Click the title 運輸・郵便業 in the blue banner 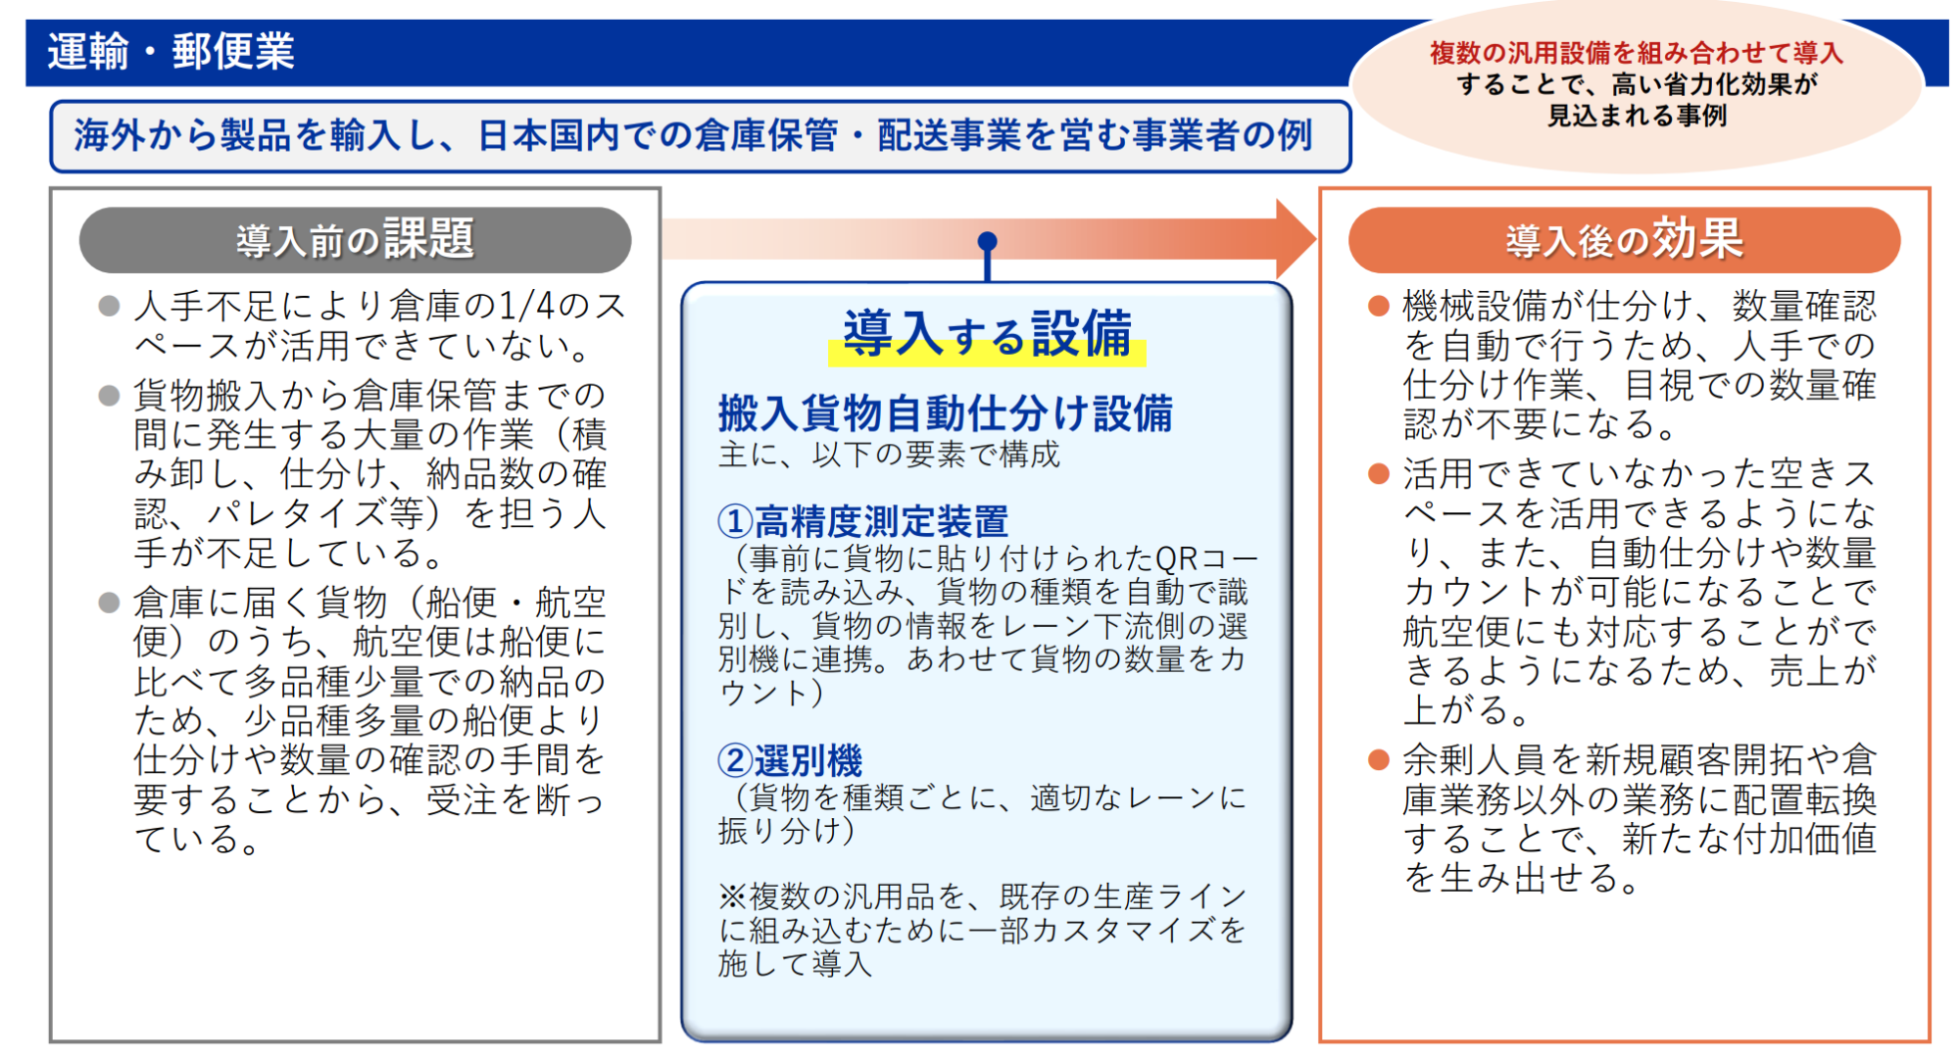(x=171, y=51)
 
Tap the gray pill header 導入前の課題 (x=355, y=240)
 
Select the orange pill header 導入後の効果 (x=1624, y=240)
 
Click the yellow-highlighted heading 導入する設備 (x=987, y=334)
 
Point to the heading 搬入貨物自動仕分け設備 (x=945, y=413)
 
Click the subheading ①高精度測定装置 (x=862, y=521)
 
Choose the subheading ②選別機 (x=790, y=760)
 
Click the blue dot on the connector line (x=987, y=241)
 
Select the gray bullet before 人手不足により (x=109, y=307)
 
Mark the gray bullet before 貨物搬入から (x=109, y=396)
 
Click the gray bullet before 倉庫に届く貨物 (x=109, y=603)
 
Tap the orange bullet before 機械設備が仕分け (x=1379, y=307)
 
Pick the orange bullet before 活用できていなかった (x=1379, y=474)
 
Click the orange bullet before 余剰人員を (x=1379, y=759)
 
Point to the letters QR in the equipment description (x=1177, y=558)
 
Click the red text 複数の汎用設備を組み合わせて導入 (x=1637, y=53)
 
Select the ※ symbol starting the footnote (x=733, y=896)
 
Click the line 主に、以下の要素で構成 (x=889, y=455)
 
